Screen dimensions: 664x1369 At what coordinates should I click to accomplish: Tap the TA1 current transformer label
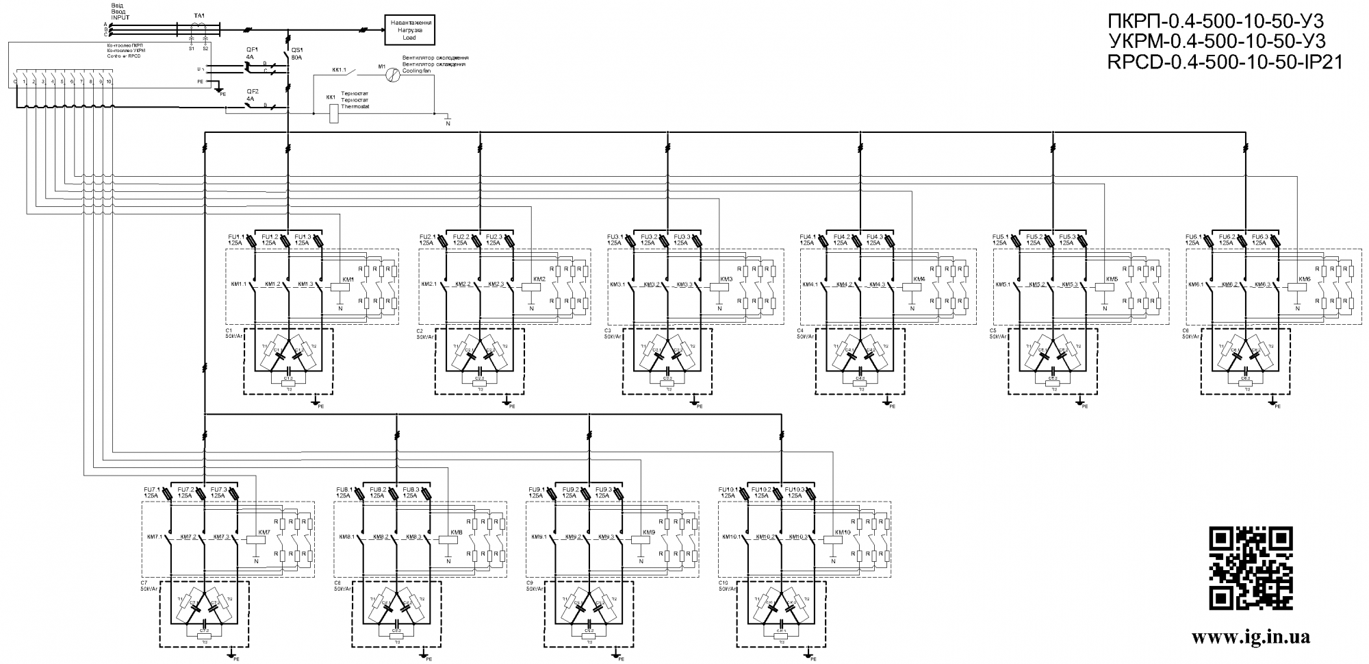click(199, 14)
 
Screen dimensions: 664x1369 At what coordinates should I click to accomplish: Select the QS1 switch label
click(297, 50)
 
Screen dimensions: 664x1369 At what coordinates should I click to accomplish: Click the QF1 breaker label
click(252, 50)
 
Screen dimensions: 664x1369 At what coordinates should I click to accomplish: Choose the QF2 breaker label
click(252, 92)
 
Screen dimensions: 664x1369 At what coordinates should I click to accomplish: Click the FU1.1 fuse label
click(236, 236)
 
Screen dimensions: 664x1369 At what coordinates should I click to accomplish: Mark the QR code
click(1250, 568)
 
